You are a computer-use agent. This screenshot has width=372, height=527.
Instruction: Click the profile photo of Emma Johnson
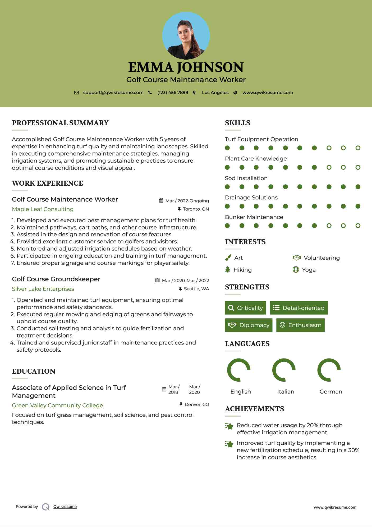186,35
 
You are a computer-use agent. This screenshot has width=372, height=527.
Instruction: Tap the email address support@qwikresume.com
113,92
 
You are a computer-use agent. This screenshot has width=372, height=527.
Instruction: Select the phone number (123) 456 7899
173,92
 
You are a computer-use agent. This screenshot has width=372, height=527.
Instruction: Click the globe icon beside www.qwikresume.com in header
235,92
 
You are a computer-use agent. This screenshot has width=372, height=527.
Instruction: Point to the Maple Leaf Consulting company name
43,209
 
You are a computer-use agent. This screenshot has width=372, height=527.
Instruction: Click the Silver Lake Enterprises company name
43,289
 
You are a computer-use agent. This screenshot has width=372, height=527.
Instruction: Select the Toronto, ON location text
196,209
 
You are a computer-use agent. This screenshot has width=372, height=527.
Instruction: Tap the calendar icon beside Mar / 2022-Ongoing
161,200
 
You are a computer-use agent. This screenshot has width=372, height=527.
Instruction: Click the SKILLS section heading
237,123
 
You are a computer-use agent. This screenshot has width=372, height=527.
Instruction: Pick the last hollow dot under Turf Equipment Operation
358,148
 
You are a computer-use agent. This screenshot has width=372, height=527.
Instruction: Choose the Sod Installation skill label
246,178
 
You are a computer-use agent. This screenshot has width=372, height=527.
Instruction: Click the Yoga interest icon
296,270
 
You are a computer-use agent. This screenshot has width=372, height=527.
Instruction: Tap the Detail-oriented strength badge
299,308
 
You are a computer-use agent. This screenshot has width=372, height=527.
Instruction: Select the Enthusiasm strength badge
300,325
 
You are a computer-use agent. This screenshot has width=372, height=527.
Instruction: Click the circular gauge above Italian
284,370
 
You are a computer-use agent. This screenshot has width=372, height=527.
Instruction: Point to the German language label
331,391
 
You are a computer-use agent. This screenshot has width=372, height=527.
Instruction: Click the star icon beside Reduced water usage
229,426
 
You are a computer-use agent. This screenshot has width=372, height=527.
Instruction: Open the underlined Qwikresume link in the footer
65,506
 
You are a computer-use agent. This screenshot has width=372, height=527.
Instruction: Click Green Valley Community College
57,405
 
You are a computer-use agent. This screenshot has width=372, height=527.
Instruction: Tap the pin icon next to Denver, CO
181,404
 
